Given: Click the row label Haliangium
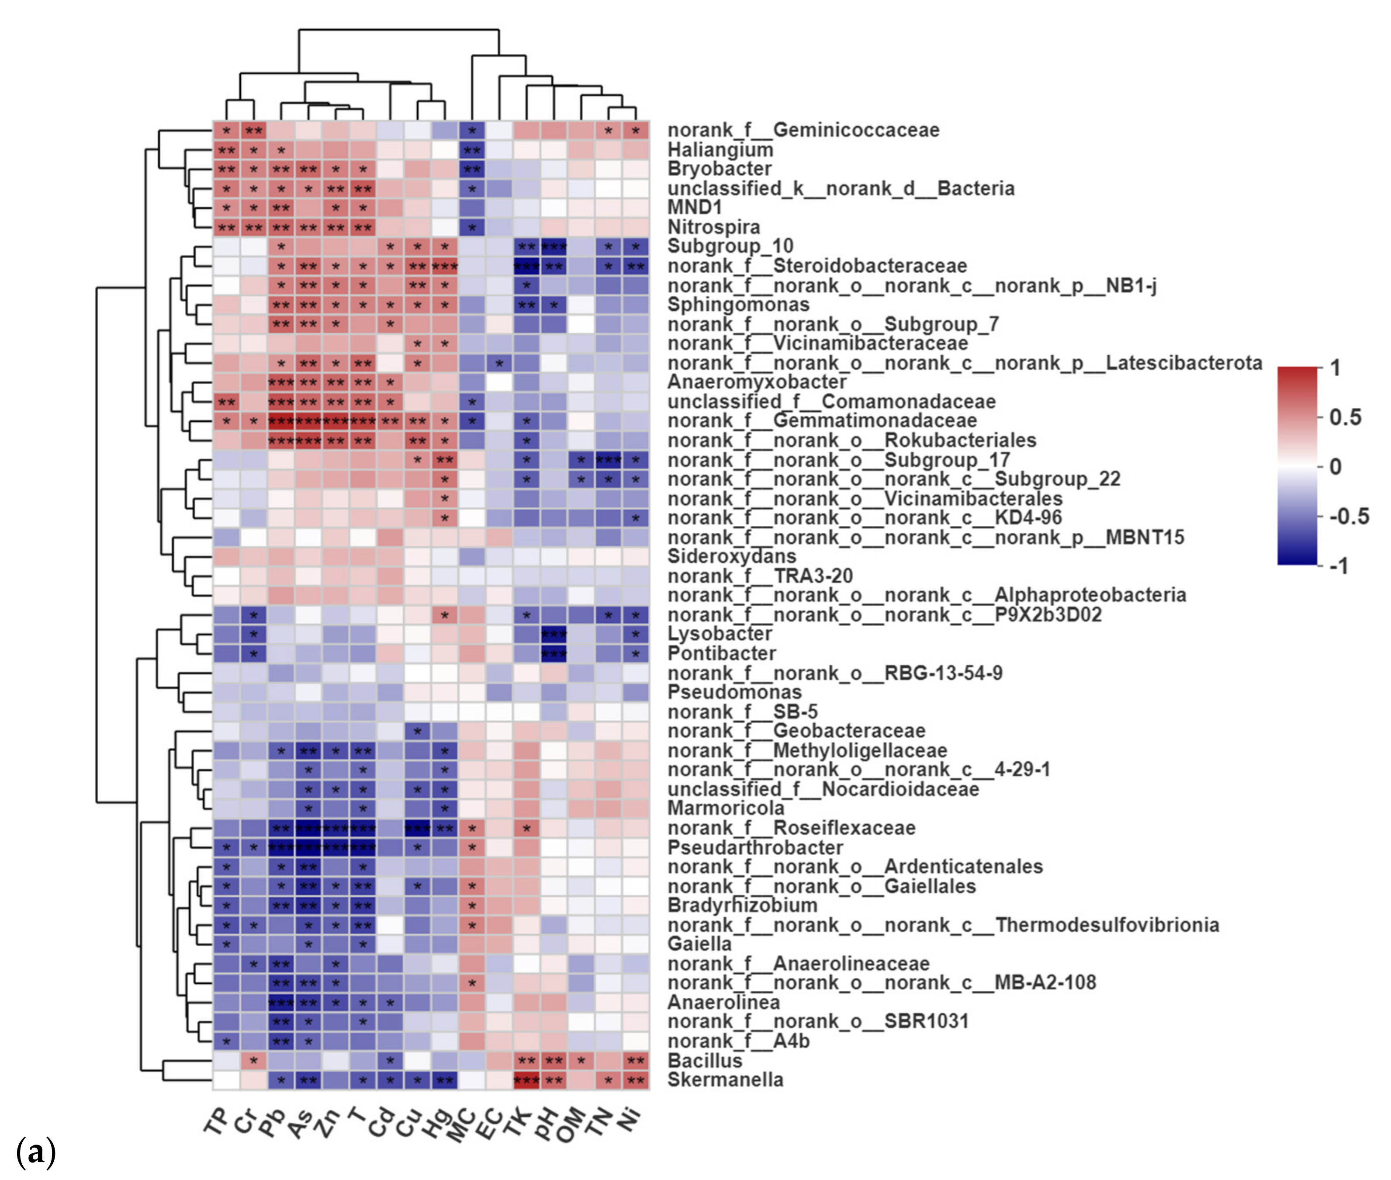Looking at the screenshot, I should pyautogui.click(x=720, y=149).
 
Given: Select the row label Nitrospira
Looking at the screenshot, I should pyautogui.click(x=713, y=227).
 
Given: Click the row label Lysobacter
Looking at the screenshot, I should pyautogui.click(x=720, y=633).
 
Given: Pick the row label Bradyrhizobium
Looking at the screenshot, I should pyautogui.click(x=742, y=905).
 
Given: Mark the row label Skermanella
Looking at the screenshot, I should pyautogui.click(x=725, y=1079).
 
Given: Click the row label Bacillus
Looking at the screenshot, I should pyautogui.click(x=705, y=1060).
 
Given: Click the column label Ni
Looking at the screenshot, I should pyautogui.click(x=630, y=1118).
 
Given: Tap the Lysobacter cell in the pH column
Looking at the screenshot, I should pyautogui.click(x=554, y=633).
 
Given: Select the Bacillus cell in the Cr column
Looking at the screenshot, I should pyautogui.click(x=253, y=1060).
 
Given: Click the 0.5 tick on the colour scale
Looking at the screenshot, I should pyautogui.click(x=1345, y=417).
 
